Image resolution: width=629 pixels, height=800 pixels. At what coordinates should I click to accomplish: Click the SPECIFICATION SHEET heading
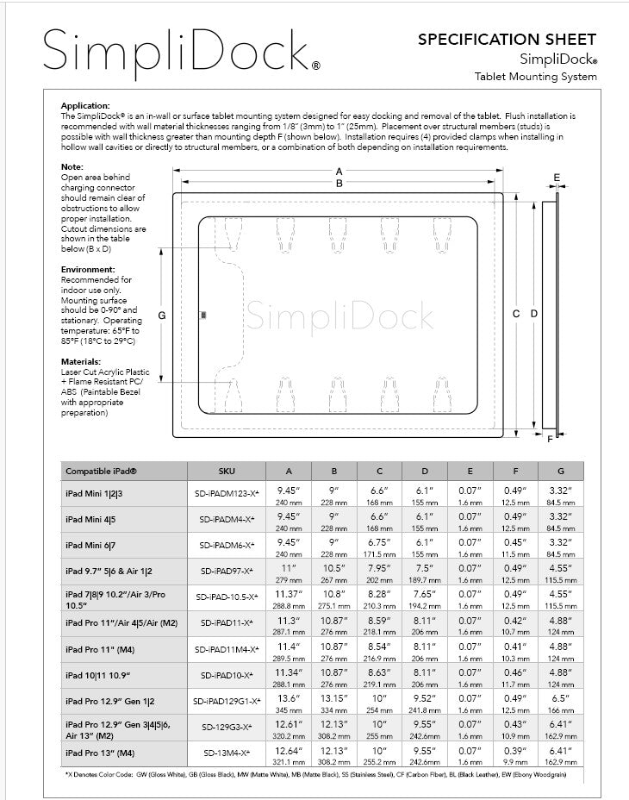(506, 39)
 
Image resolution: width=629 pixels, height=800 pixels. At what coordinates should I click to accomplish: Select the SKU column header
(226, 472)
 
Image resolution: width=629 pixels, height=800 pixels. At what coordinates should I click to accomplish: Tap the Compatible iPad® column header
(101, 472)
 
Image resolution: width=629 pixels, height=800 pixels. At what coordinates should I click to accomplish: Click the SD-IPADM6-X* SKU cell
(226, 546)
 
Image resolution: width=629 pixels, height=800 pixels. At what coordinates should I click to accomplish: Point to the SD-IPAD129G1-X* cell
(226, 701)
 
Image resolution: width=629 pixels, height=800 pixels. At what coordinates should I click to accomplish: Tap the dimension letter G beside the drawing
(161, 316)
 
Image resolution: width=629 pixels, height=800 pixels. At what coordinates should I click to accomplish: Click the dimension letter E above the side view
(557, 178)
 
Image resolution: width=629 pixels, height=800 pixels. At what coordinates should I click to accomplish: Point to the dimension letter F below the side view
(550, 439)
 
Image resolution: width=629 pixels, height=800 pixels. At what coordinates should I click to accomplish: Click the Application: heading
(85, 105)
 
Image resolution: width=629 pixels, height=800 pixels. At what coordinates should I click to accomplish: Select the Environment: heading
(89, 270)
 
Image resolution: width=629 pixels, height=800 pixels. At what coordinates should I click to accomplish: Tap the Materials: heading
(81, 361)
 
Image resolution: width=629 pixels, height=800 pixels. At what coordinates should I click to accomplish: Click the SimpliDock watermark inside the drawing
(339, 316)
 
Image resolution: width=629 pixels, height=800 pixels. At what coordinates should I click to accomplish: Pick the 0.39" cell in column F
(515, 753)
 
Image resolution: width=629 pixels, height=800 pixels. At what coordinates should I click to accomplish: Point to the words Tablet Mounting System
(535, 77)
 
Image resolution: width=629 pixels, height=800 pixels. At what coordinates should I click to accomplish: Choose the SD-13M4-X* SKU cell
(226, 753)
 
